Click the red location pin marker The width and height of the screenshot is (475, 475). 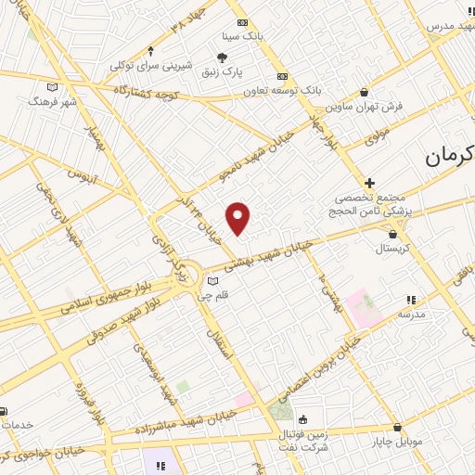tap(238, 218)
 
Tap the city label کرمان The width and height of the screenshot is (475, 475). tap(450, 155)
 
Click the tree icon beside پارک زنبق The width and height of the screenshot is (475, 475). tap(222, 58)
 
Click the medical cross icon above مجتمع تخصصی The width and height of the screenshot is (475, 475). tap(369, 183)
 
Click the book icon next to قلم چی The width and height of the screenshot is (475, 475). tap(212, 281)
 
